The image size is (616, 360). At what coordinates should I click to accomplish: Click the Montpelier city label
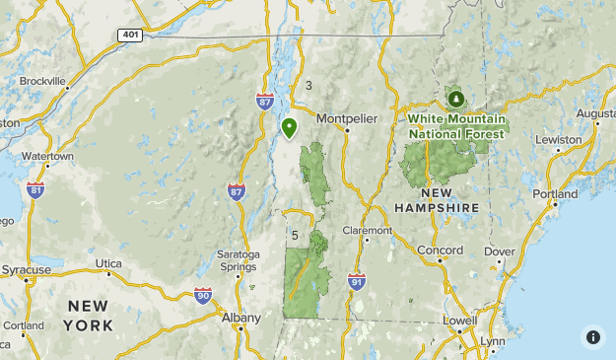pyautogui.click(x=347, y=118)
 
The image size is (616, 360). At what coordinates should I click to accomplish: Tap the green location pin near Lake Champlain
pyautogui.click(x=289, y=127)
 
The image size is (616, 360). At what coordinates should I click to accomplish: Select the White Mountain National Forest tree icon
pyautogui.click(x=455, y=99)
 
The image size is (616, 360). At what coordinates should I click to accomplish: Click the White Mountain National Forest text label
pyautogui.click(x=456, y=126)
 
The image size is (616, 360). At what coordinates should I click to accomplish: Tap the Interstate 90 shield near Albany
pyautogui.click(x=203, y=295)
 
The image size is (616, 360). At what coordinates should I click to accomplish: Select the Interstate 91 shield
pyautogui.click(x=356, y=281)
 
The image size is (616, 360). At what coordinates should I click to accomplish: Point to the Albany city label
pyautogui.click(x=240, y=318)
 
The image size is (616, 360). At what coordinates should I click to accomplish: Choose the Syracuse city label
pyautogui.click(x=26, y=269)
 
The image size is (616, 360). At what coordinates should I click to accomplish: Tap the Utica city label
pyautogui.click(x=109, y=263)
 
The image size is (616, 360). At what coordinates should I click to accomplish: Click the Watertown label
pyautogui.click(x=47, y=156)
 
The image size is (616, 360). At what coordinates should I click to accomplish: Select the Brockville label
pyautogui.click(x=42, y=81)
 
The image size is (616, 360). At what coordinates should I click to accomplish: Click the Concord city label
pyautogui.click(x=440, y=251)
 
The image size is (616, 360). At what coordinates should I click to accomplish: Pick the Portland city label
pyautogui.click(x=554, y=194)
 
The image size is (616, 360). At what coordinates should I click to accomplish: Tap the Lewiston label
pyautogui.click(x=558, y=139)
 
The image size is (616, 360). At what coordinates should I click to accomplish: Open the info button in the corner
pyautogui.click(x=592, y=336)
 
